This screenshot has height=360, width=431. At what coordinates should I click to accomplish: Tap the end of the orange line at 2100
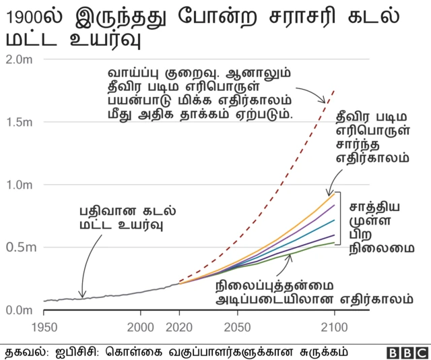[x=334, y=193]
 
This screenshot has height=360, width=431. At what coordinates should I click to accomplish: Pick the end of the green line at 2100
[x=334, y=243]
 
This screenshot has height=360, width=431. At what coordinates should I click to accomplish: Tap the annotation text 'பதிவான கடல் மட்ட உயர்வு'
[x=121, y=217]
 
